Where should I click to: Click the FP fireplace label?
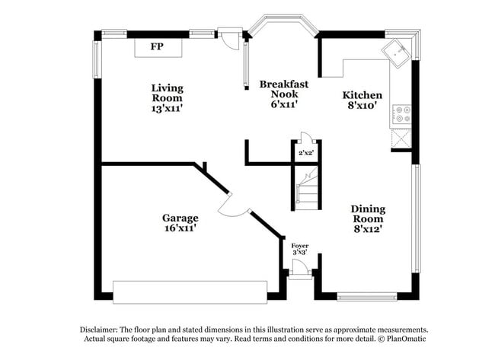(157, 46)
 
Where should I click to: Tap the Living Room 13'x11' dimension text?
(168, 108)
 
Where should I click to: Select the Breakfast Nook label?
(284, 89)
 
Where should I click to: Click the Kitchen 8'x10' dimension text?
(362, 105)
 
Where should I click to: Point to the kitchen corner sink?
(396, 53)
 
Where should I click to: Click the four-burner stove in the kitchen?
(401, 114)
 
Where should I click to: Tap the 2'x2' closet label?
(306, 153)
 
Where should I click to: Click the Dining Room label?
(368, 214)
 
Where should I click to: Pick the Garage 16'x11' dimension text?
(180, 228)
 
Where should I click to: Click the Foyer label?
(300, 246)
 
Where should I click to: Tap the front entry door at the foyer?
(300, 267)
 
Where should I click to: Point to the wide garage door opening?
(190, 292)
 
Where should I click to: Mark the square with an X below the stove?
(401, 139)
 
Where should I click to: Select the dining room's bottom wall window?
(367, 297)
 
